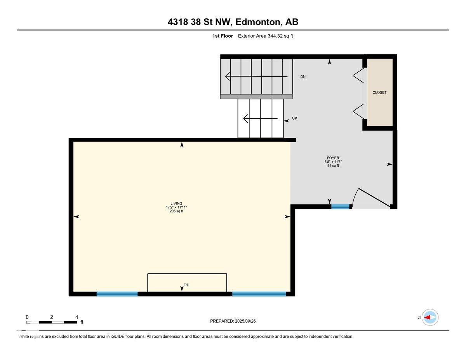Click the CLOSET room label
click(379, 92)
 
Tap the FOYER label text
click(333, 158)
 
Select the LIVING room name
click(176, 203)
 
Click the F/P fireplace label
click(186, 285)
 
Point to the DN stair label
click(303, 77)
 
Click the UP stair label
click(294, 118)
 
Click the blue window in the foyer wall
click(340, 207)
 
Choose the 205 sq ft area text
click(176, 211)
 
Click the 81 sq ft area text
click(333, 165)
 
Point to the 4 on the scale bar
click(77, 317)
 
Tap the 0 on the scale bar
click(27, 317)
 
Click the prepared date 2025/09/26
click(245, 321)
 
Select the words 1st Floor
click(223, 36)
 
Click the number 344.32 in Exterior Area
click(275, 36)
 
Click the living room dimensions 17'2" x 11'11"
click(176, 207)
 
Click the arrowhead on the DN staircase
click(227, 77)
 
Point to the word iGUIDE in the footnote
click(118, 336)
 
